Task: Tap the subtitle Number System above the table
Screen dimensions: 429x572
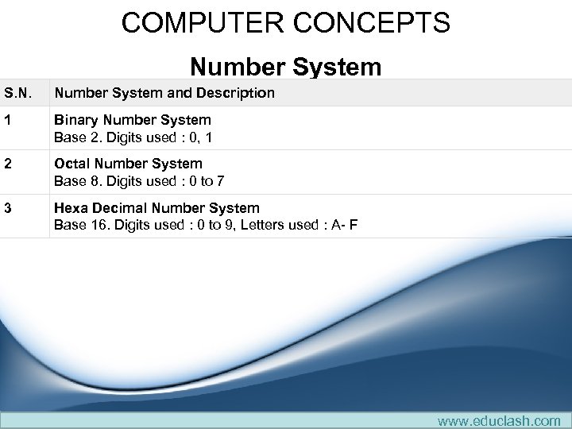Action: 285,67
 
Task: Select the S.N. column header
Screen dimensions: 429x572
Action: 19,93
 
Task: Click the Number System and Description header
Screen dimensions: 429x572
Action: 164,93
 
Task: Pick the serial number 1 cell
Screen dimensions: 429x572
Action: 8,120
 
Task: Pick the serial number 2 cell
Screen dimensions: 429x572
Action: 8,164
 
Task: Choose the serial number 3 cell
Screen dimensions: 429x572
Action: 8,208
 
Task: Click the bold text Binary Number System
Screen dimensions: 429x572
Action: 132,120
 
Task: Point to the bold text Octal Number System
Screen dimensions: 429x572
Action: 128,164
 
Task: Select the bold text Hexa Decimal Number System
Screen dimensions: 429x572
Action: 157,208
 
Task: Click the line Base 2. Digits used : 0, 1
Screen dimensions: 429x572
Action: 133,137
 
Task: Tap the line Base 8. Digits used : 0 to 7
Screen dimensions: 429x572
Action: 139,181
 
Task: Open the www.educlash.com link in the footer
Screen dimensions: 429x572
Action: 499,420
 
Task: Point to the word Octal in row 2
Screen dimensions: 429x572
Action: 72,164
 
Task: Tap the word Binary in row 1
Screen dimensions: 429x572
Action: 75,120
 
